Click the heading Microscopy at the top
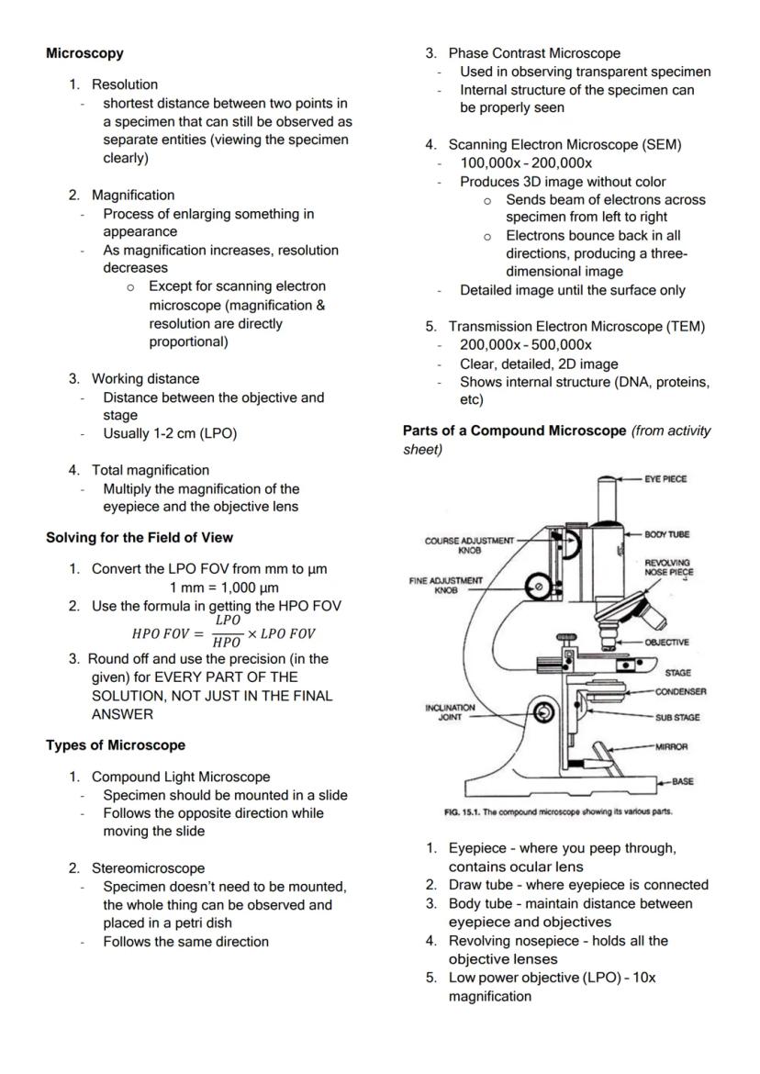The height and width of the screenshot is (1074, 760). (84, 54)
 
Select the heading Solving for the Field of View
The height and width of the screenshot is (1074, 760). (145, 537)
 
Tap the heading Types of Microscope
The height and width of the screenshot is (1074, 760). (116, 744)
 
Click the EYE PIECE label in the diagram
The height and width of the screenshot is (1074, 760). (665, 479)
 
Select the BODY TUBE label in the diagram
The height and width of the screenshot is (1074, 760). (667, 533)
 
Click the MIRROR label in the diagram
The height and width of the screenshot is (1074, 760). (673, 747)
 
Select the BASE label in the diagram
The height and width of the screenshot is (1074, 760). (682, 782)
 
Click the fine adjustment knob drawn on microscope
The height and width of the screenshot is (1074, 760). (538, 585)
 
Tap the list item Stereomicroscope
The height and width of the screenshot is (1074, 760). (148, 868)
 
